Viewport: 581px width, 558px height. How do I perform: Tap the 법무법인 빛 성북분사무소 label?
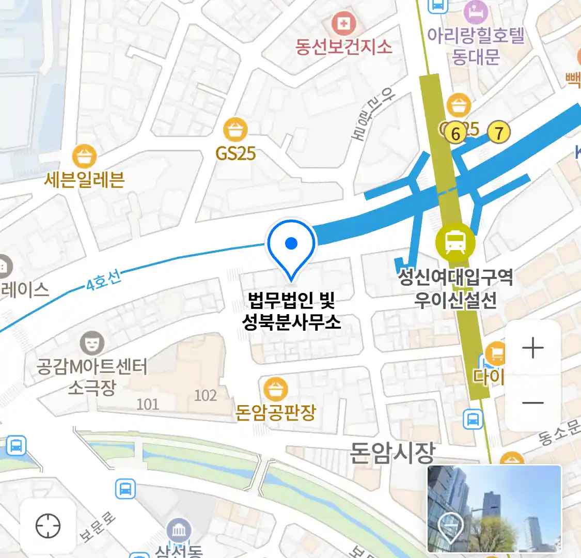click(291, 311)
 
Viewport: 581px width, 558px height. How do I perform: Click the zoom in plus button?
click(532, 348)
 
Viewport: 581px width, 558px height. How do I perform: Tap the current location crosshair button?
click(48, 526)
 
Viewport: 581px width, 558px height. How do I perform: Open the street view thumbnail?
click(494, 508)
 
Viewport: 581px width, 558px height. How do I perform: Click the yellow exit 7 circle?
click(498, 133)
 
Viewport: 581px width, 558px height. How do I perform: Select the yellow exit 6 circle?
click(455, 133)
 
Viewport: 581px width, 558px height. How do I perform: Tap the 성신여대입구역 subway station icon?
click(455, 241)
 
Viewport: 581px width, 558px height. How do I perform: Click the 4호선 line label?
click(104, 280)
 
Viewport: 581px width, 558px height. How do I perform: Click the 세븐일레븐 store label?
click(84, 179)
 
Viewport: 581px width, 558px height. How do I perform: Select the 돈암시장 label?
click(392, 453)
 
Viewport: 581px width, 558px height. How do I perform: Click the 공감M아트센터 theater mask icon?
click(92, 342)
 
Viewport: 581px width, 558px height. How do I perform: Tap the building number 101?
click(148, 404)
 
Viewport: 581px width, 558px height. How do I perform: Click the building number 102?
click(205, 396)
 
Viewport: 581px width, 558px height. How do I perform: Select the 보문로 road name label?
click(98, 527)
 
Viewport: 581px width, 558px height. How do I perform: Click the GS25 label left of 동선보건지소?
click(235, 153)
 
